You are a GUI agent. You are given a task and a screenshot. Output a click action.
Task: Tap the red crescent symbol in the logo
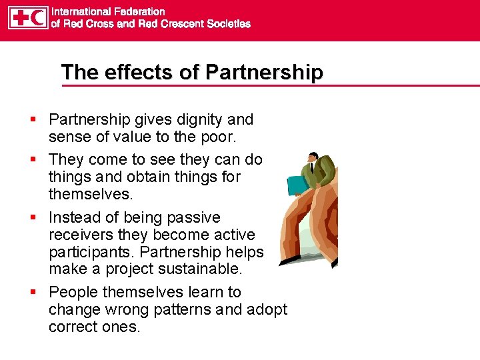[39, 18]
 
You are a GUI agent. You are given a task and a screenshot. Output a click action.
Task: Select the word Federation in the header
[139, 11]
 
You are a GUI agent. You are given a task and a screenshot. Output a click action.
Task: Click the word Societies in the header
[227, 24]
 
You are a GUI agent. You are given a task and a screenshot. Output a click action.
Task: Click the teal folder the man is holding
[295, 185]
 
